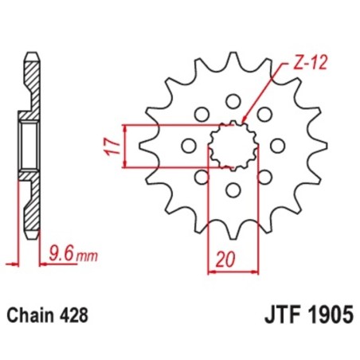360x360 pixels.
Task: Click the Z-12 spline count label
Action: coord(296,61)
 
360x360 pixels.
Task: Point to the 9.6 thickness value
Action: coord(58,255)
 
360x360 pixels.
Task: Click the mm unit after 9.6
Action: coord(83,256)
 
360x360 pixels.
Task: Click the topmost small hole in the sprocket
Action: coord(233,101)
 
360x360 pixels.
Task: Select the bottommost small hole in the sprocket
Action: coord(233,190)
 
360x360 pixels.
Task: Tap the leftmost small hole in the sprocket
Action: coord(189,146)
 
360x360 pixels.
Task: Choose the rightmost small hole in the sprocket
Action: coord(277,146)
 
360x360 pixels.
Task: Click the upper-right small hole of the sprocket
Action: coord(264,115)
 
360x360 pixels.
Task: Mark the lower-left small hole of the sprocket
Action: coord(202,177)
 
